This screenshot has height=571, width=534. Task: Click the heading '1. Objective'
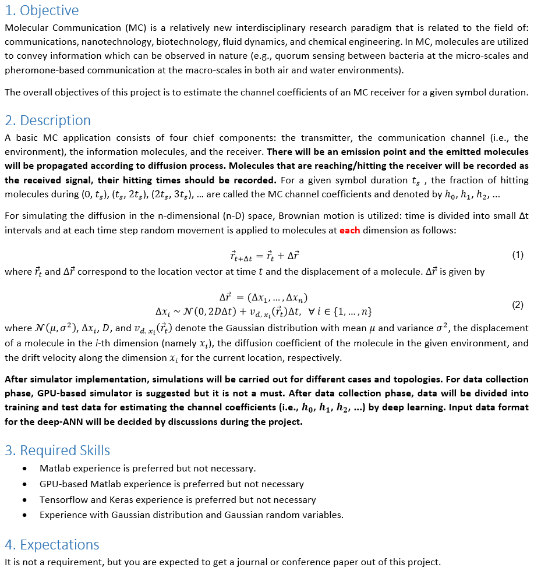41,10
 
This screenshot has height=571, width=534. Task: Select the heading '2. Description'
48,120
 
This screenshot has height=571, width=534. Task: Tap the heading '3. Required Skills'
57,451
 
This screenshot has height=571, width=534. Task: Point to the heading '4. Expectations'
52,545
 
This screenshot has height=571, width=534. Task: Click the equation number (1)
517,255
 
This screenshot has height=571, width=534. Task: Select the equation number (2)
517,304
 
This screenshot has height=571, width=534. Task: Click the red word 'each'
349,230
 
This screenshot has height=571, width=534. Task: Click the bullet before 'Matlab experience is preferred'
24,469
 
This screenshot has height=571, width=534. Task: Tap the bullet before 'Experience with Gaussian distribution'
24,515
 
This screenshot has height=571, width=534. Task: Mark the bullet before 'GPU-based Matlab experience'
24,484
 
